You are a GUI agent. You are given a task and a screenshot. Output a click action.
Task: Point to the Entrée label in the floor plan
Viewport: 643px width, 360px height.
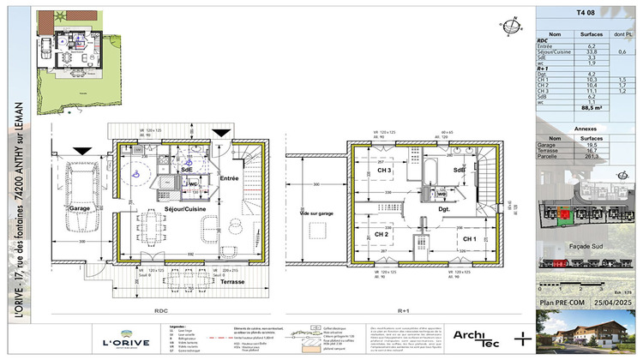pyautogui.click(x=228, y=177)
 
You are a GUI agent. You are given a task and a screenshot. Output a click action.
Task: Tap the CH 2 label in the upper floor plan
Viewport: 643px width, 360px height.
pyautogui.click(x=382, y=234)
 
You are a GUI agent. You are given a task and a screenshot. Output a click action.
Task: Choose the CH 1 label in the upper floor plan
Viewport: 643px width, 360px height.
pyautogui.click(x=469, y=238)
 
